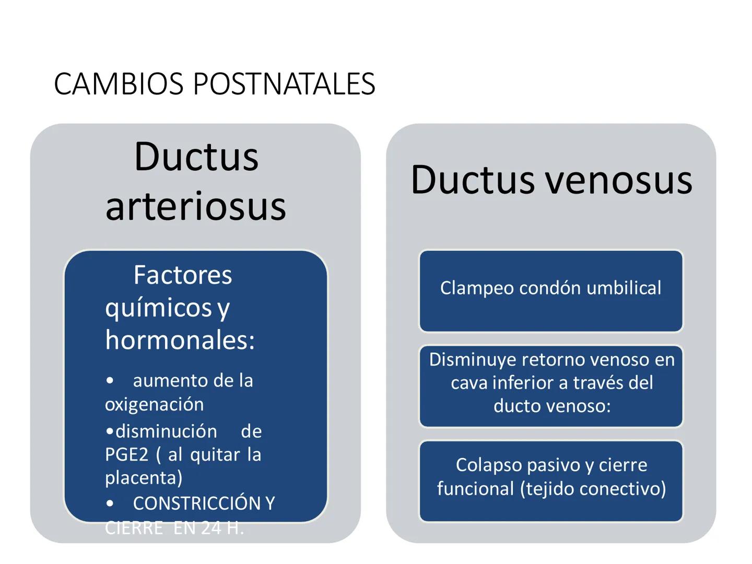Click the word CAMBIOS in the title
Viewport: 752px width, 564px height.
(x=119, y=84)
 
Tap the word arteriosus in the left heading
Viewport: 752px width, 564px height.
(x=196, y=206)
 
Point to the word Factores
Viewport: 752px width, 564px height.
(x=182, y=275)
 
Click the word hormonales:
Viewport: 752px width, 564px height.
(x=180, y=340)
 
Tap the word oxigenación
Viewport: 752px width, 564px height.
(x=154, y=404)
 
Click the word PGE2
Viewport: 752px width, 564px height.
(x=126, y=455)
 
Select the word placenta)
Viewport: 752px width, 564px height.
(x=144, y=478)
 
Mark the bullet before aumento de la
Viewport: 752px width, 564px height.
(x=110, y=381)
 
